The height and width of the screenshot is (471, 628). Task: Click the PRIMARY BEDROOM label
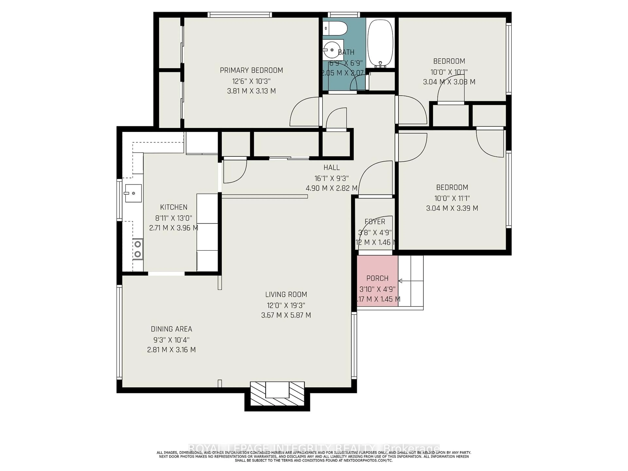coord(251,70)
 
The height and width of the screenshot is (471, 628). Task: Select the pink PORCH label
coord(377,278)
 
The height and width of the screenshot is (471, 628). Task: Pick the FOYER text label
coord(375,221)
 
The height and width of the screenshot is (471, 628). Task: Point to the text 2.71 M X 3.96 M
coord(174,228)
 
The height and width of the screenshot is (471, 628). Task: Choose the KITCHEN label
coord(174,207)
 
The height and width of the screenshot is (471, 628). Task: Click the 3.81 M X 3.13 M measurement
coord(251,91)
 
